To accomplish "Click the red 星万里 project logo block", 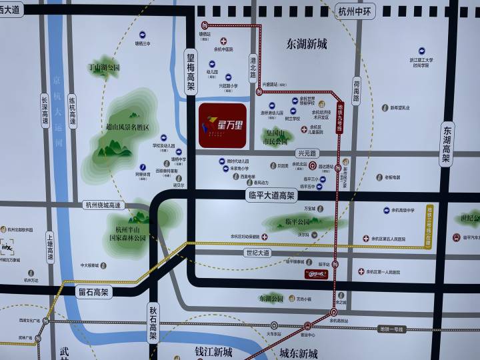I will (x=223, y=125).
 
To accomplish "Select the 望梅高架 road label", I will (x=191, y=77).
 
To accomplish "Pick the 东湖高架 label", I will (x=447, y=146).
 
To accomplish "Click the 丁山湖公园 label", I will (x=105, y=67).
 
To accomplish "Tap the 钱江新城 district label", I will (x=213, y=351).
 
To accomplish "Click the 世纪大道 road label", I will (x=257, y=253).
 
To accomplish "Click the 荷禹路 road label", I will (x=357, y=90).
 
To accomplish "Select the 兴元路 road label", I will (x=305, y=153).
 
